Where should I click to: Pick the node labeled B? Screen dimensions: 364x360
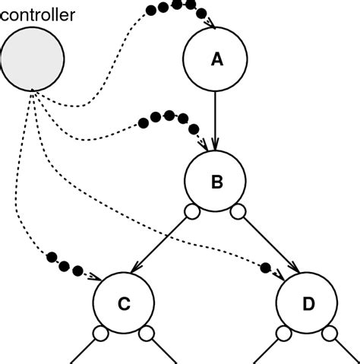[216, 182]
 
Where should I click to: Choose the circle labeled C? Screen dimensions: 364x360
[123, 304]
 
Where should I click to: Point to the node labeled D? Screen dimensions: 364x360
[308, 304]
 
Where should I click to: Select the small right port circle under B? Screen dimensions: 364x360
[239, 210]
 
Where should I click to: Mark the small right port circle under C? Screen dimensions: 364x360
[147, 333]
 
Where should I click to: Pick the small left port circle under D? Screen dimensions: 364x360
[283, 333]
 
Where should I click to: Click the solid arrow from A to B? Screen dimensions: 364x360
[216, 122]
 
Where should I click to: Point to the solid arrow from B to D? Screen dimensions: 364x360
[270, 244]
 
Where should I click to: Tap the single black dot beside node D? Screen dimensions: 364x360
[265, 267]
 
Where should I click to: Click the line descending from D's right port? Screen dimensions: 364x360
[346, 352]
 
